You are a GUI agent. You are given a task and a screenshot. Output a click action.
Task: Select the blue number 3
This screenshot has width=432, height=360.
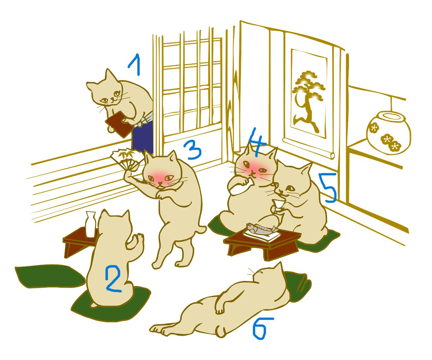193,150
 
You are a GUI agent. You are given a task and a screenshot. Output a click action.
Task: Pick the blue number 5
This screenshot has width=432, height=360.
328,187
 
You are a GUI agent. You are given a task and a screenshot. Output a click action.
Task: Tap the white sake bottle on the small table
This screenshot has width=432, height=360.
90,224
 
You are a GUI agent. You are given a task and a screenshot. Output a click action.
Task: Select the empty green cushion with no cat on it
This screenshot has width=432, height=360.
50,276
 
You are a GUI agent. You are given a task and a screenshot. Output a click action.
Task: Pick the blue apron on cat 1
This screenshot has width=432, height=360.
142,137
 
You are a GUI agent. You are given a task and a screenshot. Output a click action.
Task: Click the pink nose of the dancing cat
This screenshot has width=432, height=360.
160,183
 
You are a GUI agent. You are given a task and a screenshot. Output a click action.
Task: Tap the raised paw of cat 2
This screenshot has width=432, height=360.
137,241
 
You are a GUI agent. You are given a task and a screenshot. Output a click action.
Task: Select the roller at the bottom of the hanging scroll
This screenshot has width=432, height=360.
308,148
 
